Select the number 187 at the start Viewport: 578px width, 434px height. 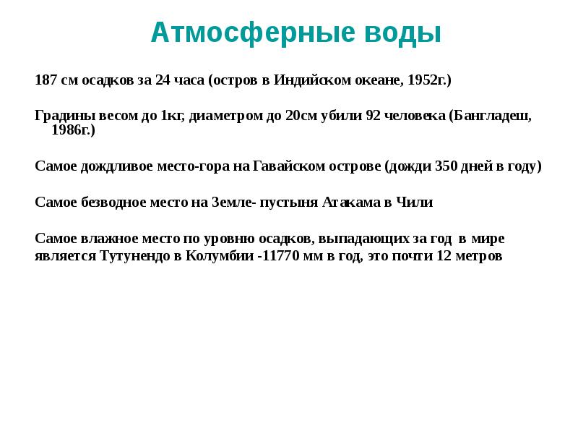coord(46,80)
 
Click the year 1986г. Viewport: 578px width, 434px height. coord(73,130)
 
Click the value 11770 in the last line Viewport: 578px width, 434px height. coord(290,256)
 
